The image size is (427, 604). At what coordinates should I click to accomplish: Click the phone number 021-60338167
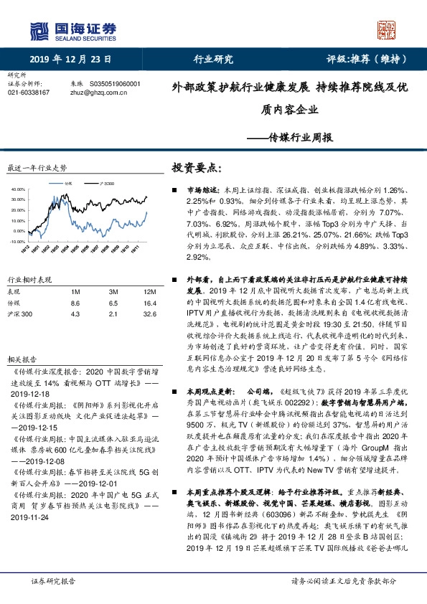tap(28, 93)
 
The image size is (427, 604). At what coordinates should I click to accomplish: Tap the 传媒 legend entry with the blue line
tap(68, 184)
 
